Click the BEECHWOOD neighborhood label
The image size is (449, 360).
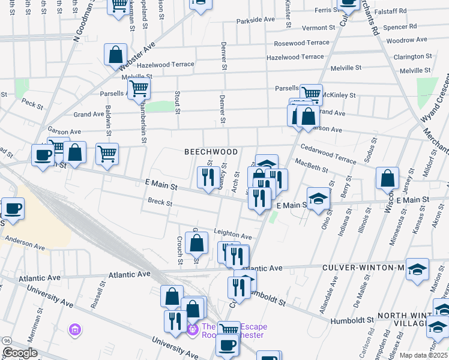click(211, 152)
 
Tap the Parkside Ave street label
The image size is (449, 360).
click(255, 20)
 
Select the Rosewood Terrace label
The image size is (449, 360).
click(301, 43)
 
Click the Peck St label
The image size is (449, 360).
click(33, 103)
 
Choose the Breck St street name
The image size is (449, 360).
click(160, 203)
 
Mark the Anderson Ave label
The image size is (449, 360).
click(25, 243)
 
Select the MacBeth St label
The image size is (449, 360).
click(310, 164)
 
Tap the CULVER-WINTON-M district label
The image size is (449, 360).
click(365, 268)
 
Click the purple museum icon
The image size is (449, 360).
click(74, 329)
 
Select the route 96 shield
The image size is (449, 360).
click(5, 341)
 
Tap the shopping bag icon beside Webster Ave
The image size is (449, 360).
click(115, 56)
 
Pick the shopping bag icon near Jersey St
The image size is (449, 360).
click(388, 178)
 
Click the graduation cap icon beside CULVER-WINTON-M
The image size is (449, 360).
click(417, 270)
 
